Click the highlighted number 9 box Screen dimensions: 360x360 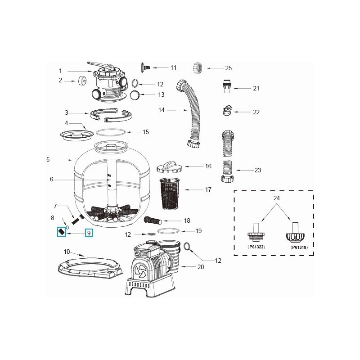[x=89, y=233]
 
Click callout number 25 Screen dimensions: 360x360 [x=228, y=68]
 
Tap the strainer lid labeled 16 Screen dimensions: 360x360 [x=169, y=166]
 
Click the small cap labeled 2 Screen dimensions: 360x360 [x=82, y=81]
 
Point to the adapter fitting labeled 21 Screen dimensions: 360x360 [x=226, y=87]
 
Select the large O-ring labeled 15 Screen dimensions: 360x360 [x=111, y=133]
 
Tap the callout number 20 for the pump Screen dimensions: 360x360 [x=201, y=267]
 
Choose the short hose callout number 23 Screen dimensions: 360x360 [x=257, y=171]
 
